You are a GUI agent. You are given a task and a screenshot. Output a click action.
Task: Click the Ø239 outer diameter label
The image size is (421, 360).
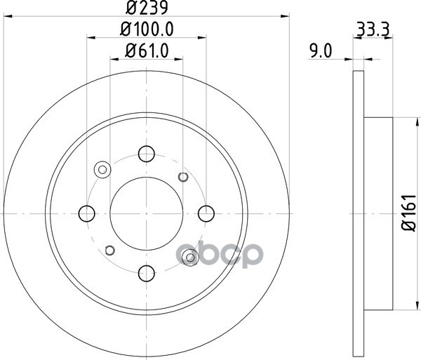click(147, 8)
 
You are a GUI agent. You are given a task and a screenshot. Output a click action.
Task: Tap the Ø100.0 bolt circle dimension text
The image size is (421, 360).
click(147, 29)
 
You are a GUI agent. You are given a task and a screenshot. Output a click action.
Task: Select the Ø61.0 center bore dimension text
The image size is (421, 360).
click(147, 51)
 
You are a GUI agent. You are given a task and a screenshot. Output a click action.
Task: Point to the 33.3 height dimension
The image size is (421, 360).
click(373, 29)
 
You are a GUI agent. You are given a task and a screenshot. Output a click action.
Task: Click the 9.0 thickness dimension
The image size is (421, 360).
click(321, 51)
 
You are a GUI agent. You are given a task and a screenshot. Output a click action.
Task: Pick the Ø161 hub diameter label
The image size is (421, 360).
click(409, 213)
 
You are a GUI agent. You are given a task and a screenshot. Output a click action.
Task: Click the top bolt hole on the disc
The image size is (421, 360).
click(147, 154)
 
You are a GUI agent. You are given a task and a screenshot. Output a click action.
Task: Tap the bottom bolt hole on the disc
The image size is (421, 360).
click(147, 273)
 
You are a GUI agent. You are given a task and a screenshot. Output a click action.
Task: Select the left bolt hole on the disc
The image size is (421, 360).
click(87, 214)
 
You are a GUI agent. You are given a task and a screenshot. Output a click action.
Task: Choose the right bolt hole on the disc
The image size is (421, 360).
click(206, 214)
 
